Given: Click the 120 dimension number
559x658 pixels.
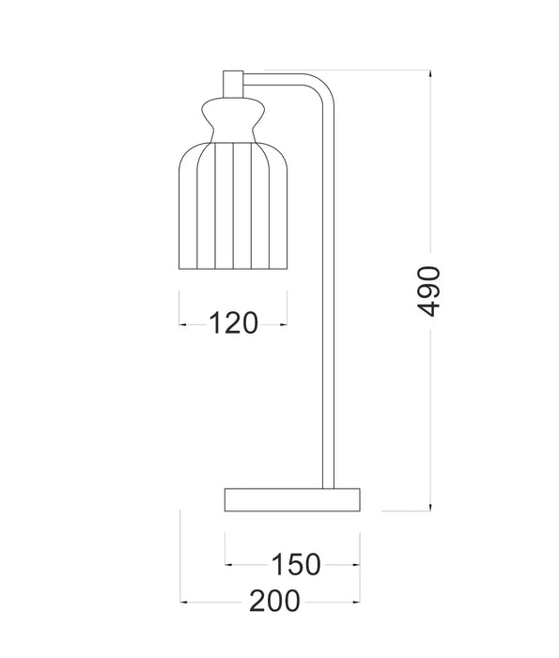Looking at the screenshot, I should tap(233, 323).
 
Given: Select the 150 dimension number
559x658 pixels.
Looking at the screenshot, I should tap(295, 564).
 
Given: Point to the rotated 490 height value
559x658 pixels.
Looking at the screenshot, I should tap(427, 290).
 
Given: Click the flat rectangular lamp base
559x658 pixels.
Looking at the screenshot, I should tap(293, 499).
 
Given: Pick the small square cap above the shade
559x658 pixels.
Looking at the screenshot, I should tap(233, 83).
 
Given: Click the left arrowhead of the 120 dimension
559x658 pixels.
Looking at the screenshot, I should tap(182, 324).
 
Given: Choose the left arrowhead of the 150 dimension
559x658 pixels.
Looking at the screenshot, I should tap(228, 565).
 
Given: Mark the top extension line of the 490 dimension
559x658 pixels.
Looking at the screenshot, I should tap(376, 70).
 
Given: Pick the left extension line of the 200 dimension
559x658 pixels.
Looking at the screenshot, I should tap(179, 555).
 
